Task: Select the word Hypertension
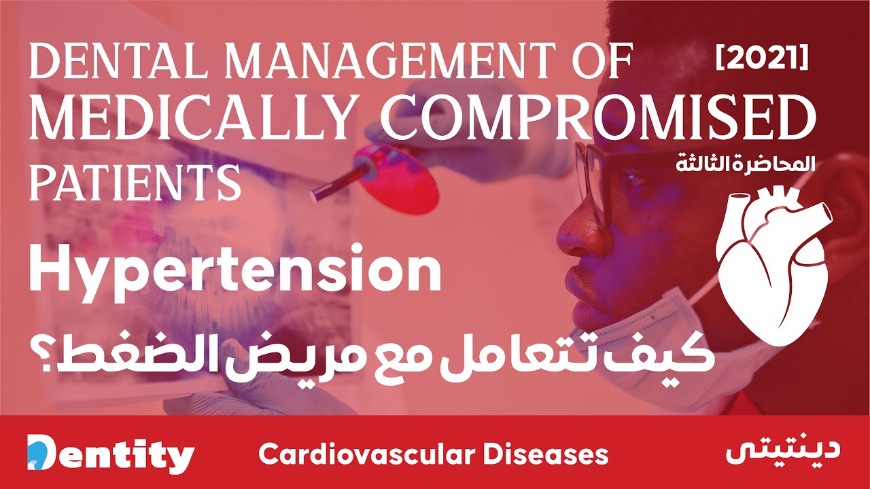point(234,272)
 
